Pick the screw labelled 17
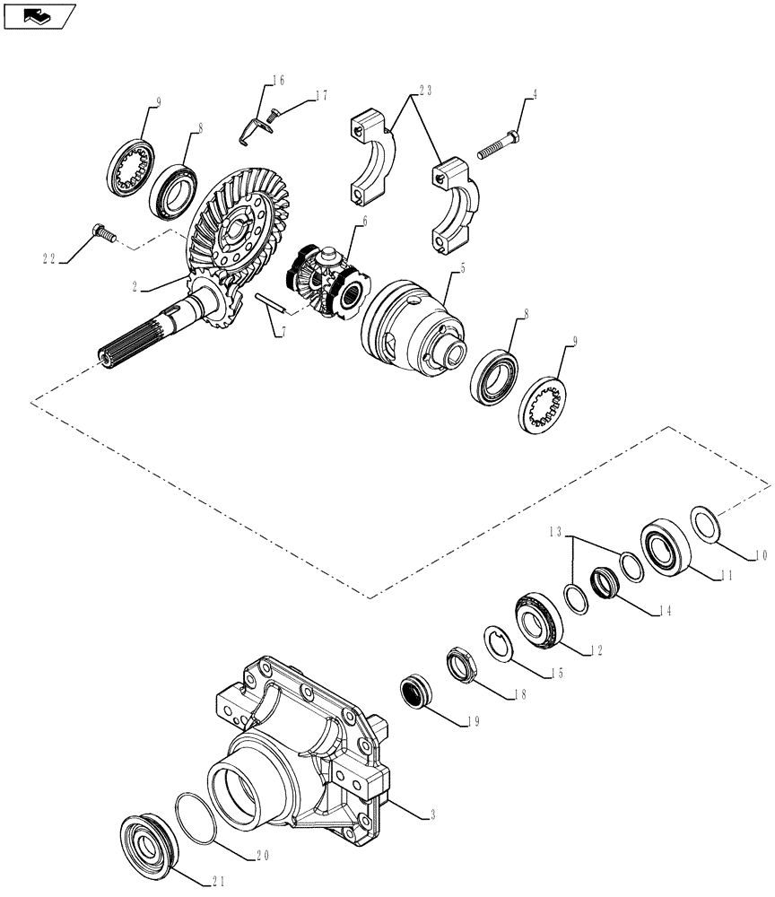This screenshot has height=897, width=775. pyautogui.click(x=275, y=111)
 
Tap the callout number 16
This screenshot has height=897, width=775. pyautogui.click(x=278, y=81)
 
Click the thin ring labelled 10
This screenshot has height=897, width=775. pyautogui.click(x=706, y=524)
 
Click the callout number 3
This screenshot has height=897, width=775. pyautogui.click(x=431, y=815)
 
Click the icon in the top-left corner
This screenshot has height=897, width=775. pyautogui.click(x=38, y=14)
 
